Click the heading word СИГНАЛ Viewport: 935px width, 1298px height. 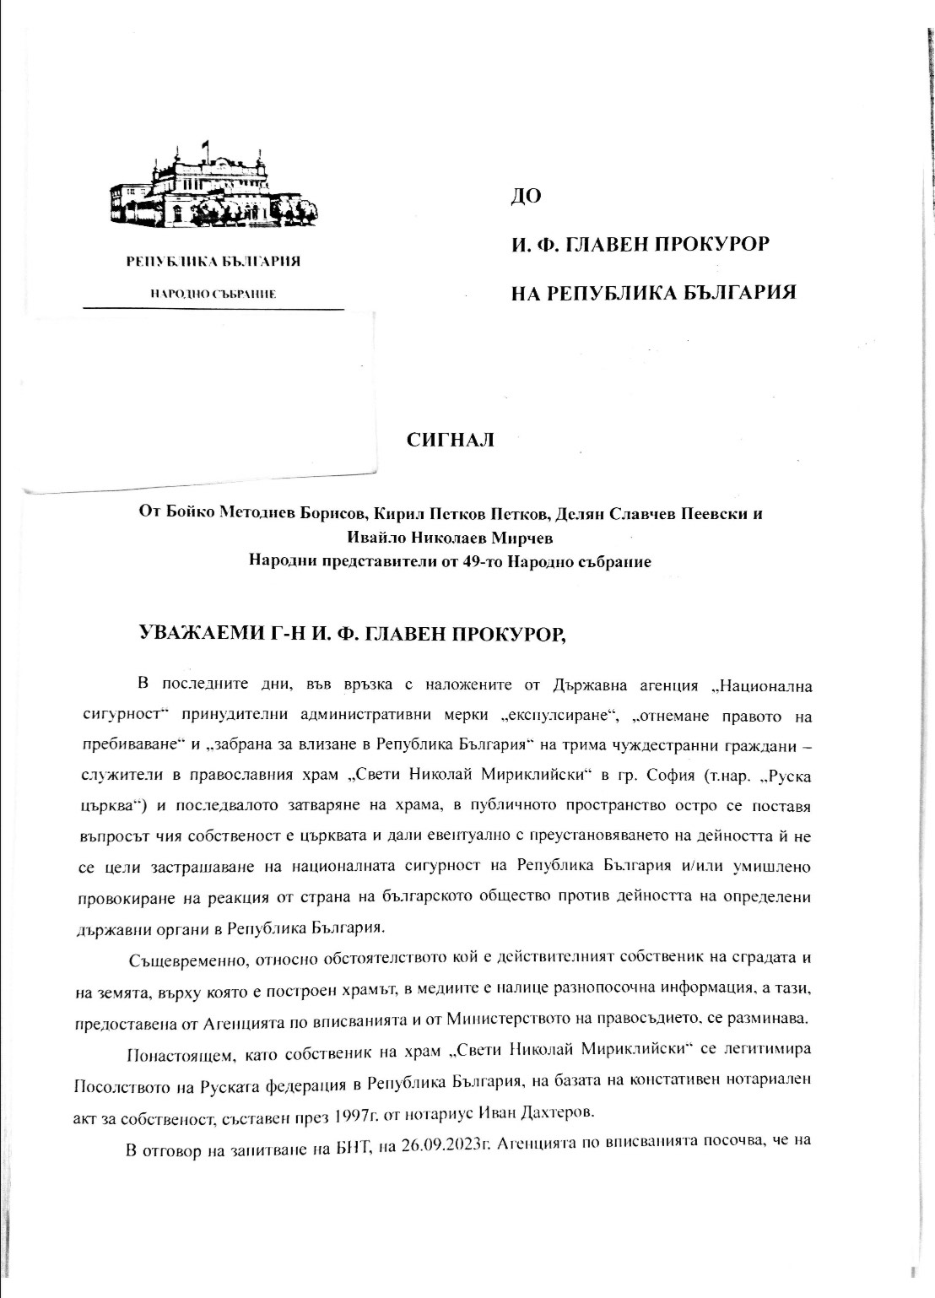click(x=451, y=440)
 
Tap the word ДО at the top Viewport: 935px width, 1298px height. click(x=527, y=197)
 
